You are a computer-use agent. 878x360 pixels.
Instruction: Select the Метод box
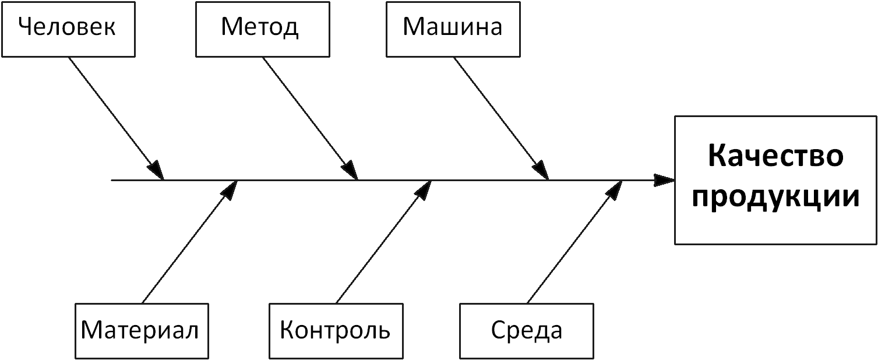(260, 29)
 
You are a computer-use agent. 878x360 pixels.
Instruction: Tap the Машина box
(453, 29)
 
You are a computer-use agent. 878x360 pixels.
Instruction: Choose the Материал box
(142, 330)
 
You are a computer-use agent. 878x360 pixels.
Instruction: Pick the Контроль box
(335, 330)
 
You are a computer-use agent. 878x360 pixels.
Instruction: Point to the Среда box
(527, 330)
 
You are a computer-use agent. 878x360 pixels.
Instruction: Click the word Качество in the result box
(775, 158)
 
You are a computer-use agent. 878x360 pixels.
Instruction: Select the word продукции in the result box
(775, 197)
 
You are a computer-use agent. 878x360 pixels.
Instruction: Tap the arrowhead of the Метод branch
(350, 171)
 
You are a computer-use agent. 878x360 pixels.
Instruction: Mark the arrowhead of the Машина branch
(541, 171)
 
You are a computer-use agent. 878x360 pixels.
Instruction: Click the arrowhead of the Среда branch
(615, 188)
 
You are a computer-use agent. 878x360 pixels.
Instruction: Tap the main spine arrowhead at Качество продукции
(664, 180)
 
